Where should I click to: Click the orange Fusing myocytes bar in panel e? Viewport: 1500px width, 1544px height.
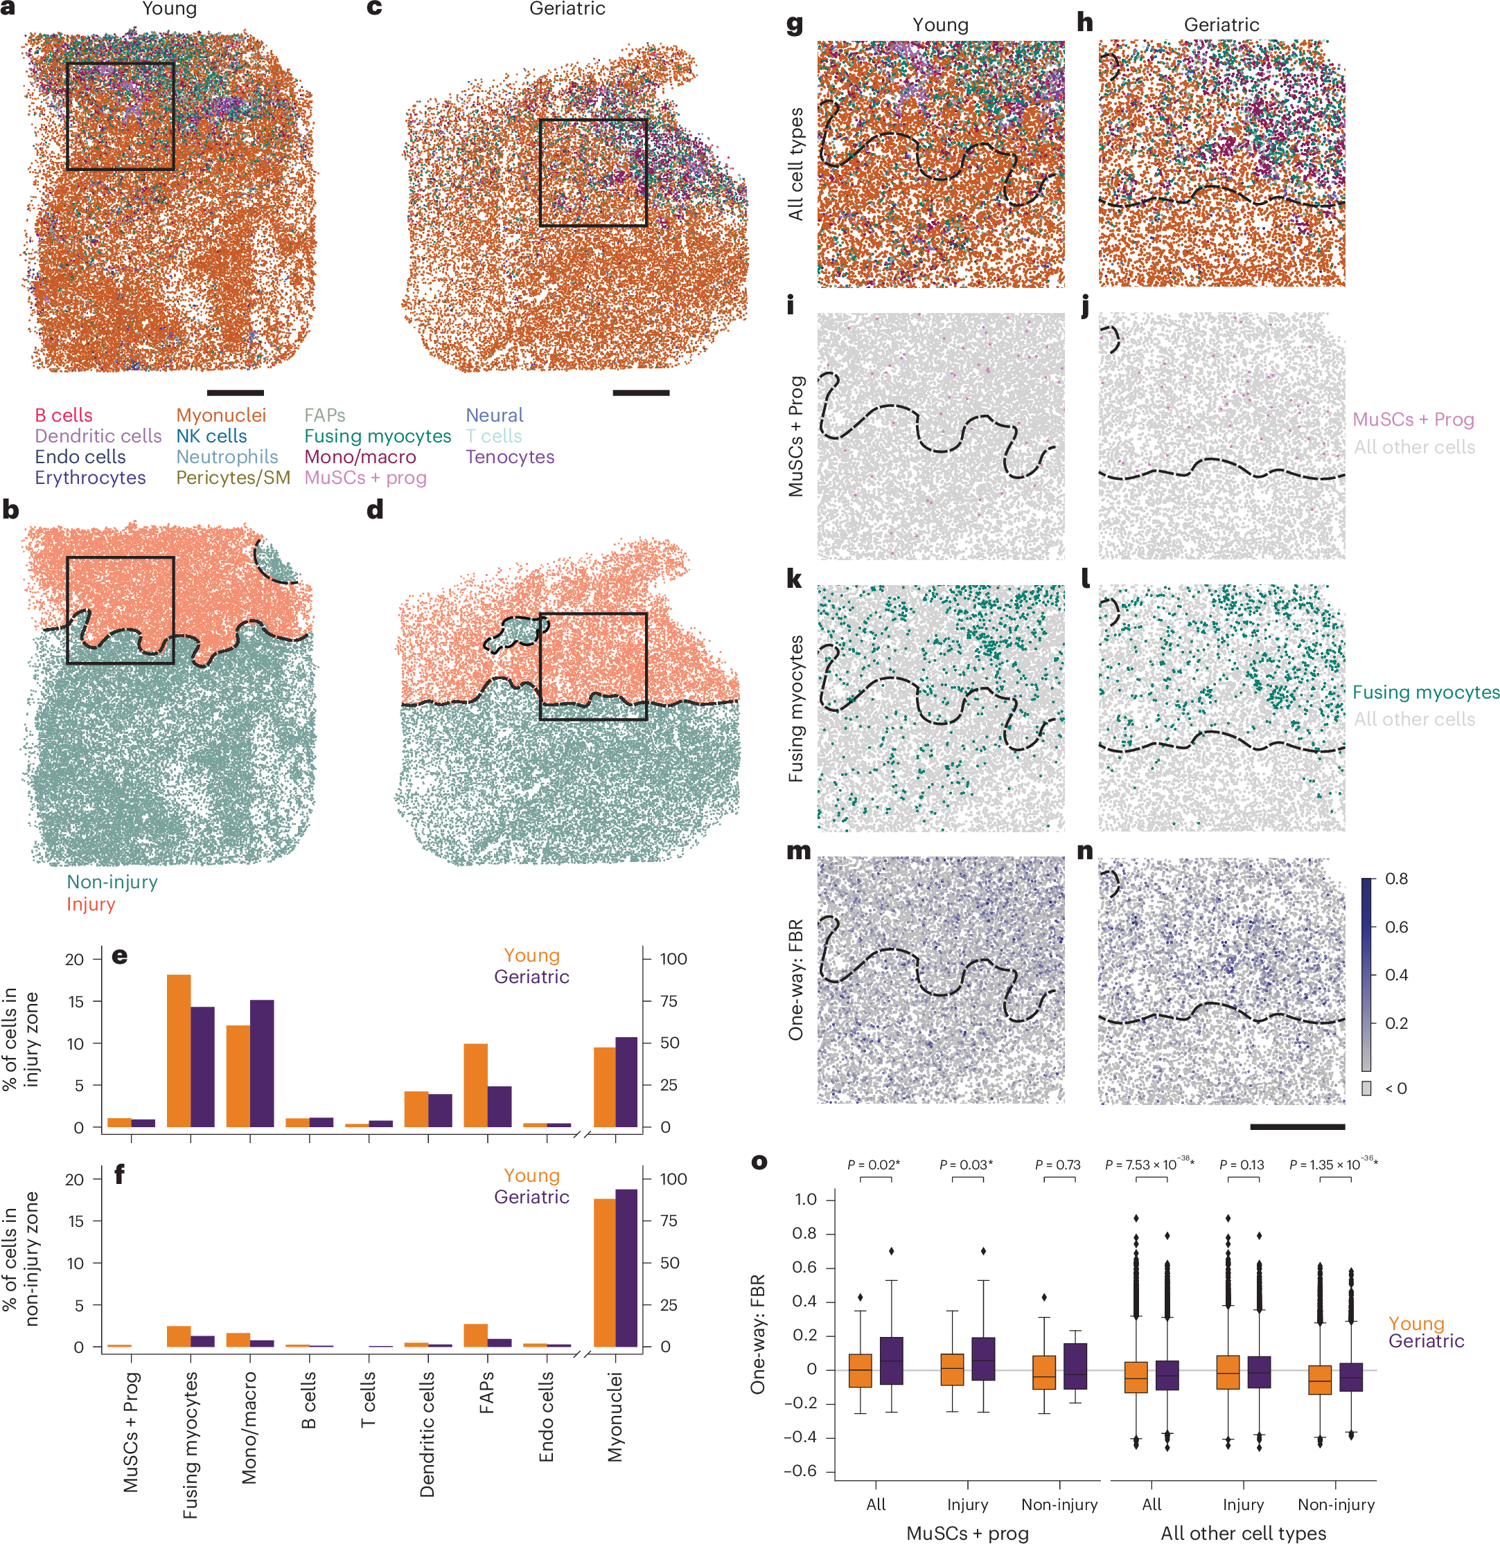click(x=178, y=1051)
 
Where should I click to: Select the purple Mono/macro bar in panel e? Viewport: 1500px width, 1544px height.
click(x=262, y=1063)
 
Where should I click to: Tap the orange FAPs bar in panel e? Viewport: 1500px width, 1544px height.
click(x=475, y=1085)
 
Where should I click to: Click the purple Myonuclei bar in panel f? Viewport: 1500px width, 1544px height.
click(x=626, y=1268)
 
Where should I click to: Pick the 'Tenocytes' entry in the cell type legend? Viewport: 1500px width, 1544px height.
click(x=509, y=457)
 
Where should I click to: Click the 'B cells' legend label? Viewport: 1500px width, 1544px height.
click(x=63, y=415)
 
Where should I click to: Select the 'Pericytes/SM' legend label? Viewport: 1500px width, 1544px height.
click(x=233, y=477)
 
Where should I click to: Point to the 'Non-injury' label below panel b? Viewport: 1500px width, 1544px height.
click(x=112, y=881)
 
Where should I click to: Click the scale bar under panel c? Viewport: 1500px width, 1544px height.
click(x=640, y=393)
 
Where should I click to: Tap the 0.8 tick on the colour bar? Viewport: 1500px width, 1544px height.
click(x=1395, y=879)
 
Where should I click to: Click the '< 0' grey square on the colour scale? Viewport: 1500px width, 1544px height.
click(x=1366, y=1088)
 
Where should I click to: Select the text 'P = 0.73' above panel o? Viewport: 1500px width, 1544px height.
click(x=1057, y=1165)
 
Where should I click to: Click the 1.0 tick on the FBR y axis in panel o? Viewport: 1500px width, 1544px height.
click(x=805, y=1199)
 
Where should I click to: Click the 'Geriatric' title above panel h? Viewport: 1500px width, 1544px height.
click(x=1220, y=24)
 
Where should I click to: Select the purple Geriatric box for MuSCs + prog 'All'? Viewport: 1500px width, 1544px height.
click(x=891, y=1361)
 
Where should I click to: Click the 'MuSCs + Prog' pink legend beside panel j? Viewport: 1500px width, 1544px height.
click(x=1413, y=419)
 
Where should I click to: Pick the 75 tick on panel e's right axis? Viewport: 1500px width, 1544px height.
click(x=668, y=1001)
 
